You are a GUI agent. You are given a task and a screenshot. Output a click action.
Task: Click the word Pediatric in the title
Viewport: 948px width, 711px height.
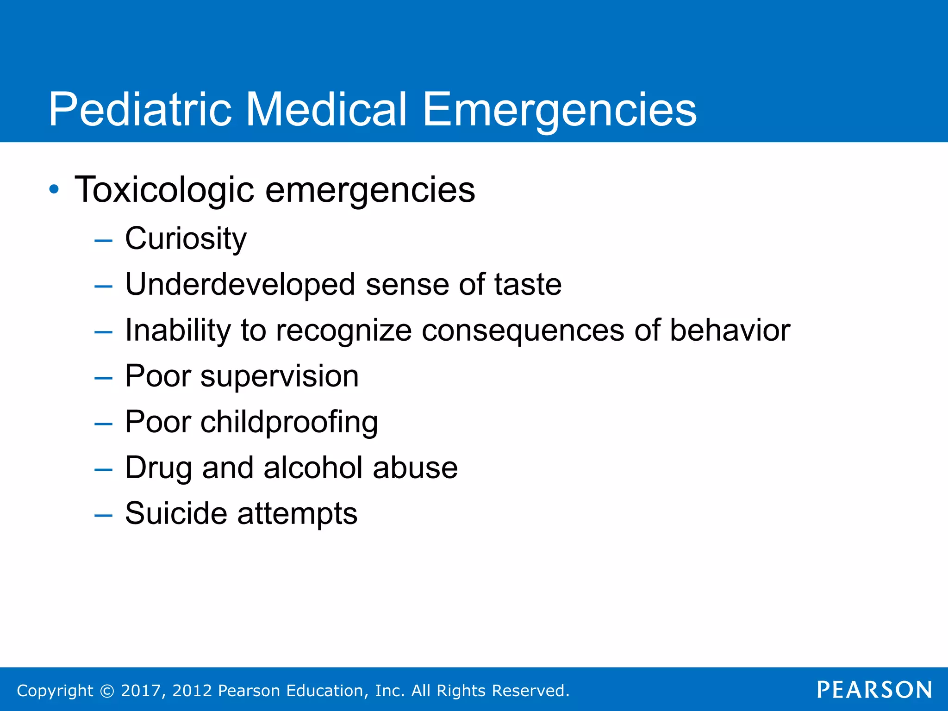[x=140, y=109]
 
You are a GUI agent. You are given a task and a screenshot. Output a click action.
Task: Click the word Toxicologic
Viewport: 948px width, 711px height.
[x=164, y=190]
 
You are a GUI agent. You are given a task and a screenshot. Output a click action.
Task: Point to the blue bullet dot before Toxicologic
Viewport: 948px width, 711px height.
[x=54, y=189]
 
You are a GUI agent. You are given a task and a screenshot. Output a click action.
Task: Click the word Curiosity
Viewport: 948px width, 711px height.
[x=186, y=239]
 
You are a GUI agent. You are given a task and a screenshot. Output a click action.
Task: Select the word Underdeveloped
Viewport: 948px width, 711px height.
[x=240, y=285]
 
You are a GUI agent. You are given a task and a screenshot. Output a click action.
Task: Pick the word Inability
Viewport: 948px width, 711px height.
[x=178, y=330]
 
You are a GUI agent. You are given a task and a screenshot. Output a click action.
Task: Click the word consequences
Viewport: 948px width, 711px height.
[x=523, y=331]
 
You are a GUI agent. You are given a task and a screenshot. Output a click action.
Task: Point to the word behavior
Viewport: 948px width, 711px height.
[x=730, y=330]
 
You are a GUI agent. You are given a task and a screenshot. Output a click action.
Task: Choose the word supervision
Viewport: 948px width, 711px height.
[x=279, y=376]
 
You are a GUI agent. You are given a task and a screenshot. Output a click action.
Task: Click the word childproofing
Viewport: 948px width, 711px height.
[x=289, y=423]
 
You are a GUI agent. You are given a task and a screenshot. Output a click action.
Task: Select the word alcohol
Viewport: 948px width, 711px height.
[x=313, y=468]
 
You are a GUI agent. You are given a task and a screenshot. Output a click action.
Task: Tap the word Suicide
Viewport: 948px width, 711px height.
[x=176, y=513]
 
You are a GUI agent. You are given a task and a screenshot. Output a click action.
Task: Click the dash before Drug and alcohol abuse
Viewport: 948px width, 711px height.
[x=103, y=469]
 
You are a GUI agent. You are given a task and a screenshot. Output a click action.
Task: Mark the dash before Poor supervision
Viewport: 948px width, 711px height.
[x=103, y=378]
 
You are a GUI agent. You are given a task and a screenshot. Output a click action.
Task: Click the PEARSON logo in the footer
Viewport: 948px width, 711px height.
[x=874, y=690]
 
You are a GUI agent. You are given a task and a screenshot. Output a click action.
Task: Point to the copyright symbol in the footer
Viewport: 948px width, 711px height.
[x=107, y=691]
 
